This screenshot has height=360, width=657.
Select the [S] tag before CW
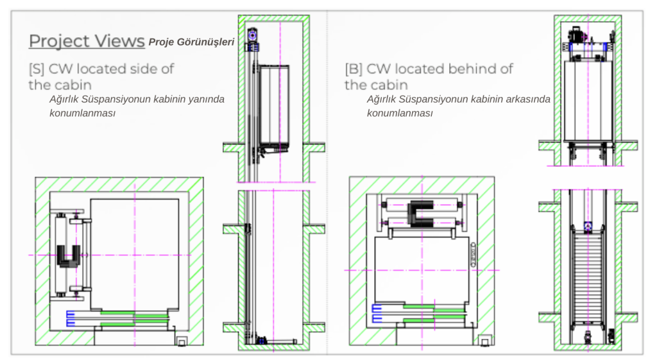click(37, 69)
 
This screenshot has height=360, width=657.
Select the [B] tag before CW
click(354, 69)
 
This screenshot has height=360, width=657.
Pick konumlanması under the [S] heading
click(83, 113)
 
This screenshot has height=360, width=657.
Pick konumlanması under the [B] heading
click(400, 113)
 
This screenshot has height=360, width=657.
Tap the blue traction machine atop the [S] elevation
click(252, 36)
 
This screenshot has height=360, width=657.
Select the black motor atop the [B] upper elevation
click(576, 34)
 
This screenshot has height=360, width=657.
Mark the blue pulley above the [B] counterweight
click(588, 227)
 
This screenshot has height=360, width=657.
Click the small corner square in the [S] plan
click(182, 341)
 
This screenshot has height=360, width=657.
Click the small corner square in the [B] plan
click(485, 341)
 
